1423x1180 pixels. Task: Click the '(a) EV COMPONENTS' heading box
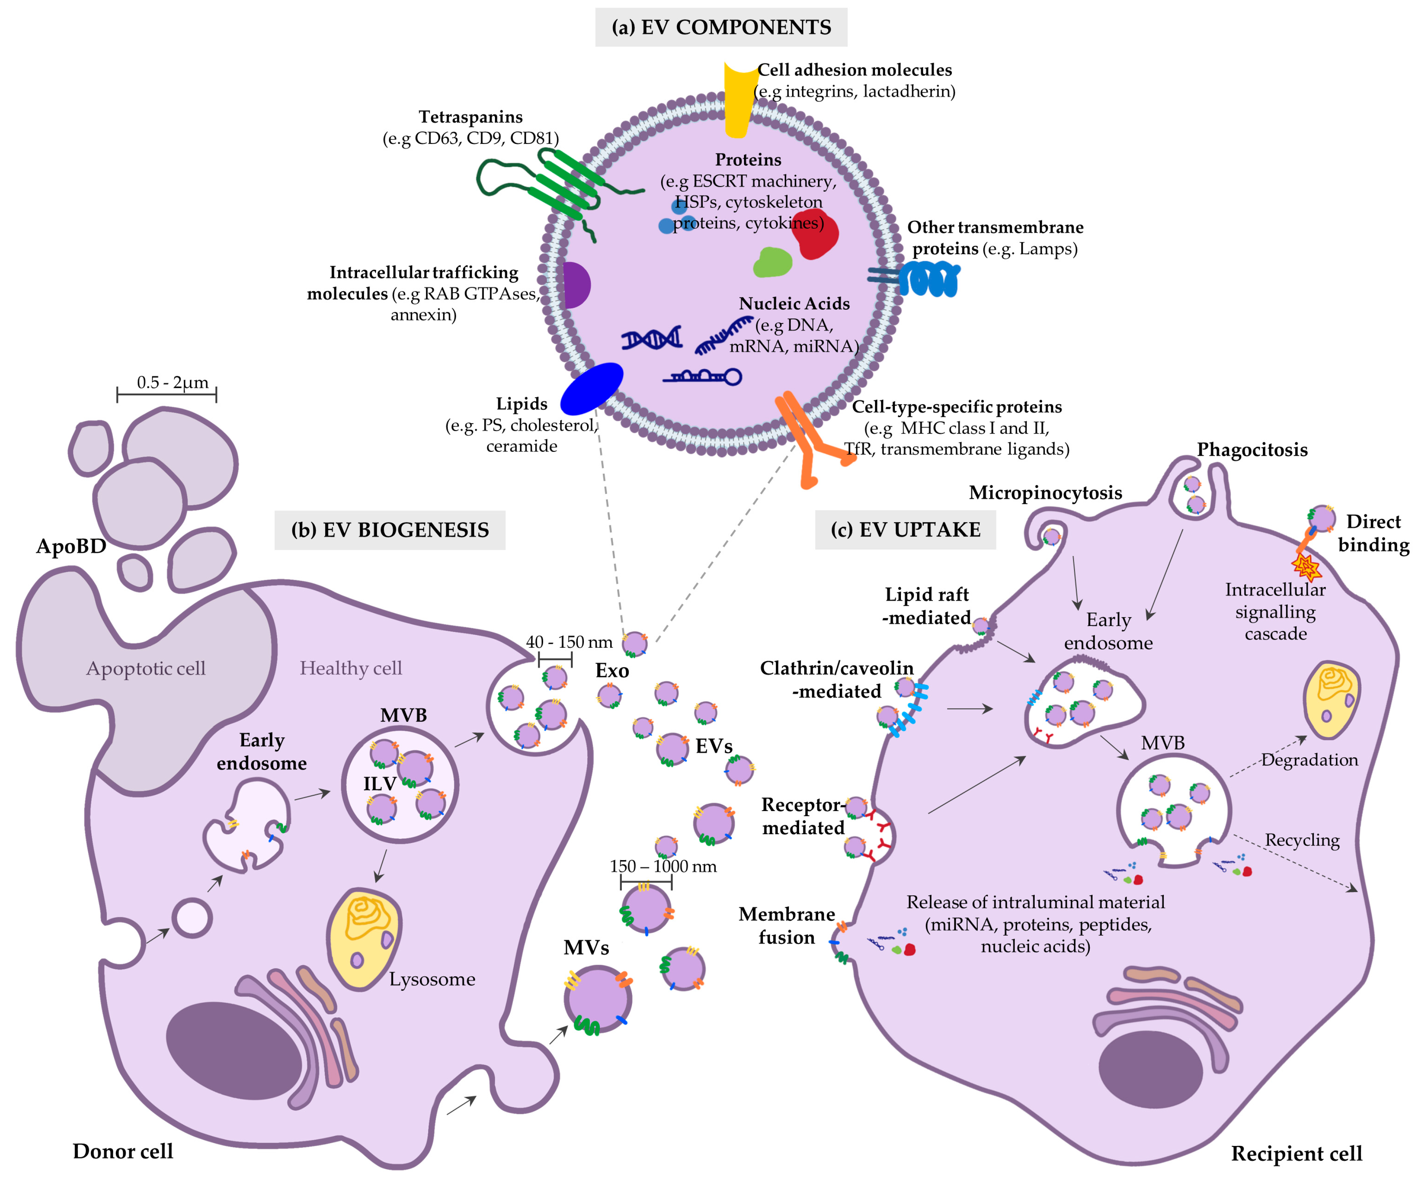pyautogui.click(x=721, y=27)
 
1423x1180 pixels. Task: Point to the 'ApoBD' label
pyautogui.click(x=71, y=546)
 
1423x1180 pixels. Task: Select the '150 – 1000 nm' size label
pyautogui.click(x=663, y=866)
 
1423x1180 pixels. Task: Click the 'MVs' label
pyautogui.click(x=586, y=948)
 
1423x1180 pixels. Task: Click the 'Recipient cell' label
pyautogui.click(x=1296, y=1153)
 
